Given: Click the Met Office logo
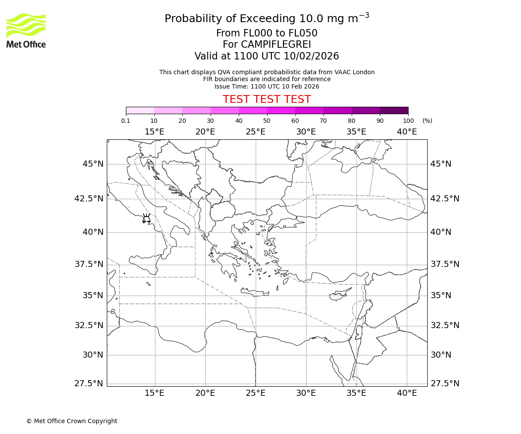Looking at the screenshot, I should (x=26, y=30).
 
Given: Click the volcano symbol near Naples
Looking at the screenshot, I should (x=146, y=218).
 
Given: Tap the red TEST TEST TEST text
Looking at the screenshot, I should (x=267, y=99).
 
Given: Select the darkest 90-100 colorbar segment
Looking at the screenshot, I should (x=394, y=110).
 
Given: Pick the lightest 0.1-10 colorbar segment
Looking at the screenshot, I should (x=140, y=110).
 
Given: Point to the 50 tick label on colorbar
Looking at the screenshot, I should (x=267, y=121).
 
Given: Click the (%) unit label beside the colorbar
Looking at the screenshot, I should (x=427, y=121).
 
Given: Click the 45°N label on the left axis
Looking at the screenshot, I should (x=93, y=164).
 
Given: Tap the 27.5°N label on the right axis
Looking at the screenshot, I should (x=445, y=384).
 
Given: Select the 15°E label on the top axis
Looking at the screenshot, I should (x=155, y=132).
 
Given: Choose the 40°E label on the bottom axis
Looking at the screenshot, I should (x=407, y=393).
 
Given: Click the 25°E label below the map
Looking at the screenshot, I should (x=256, y=393).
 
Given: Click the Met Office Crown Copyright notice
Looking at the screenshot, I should (x=72, y=421).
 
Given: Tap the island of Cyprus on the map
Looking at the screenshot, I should (x=340, y=295).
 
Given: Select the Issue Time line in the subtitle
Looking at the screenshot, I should (x=267, y=86).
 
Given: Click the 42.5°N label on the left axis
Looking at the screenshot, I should (x=89, y=198).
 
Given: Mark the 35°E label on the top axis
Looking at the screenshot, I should (x=356, y=132).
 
